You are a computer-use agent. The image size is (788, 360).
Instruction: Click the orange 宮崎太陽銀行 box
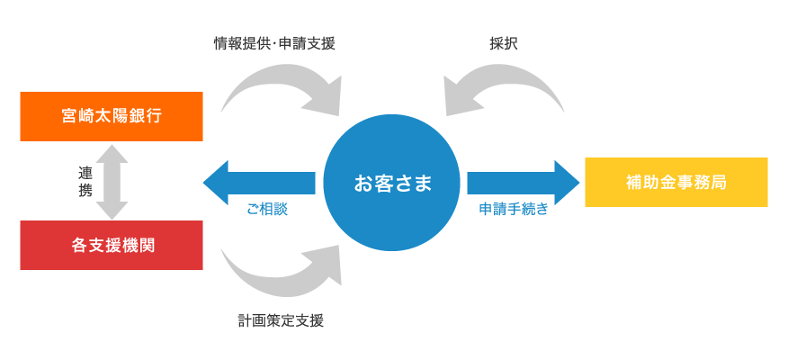[x=112, y=116]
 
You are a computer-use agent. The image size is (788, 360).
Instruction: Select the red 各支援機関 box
[x=112, y=245]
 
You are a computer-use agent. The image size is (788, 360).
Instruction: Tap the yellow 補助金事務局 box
[x=676, y=182]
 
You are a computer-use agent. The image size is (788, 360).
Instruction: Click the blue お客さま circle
[x=393, y=184]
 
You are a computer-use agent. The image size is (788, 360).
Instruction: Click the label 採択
[x=504, y=43]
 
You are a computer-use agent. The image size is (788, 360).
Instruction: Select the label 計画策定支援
[x=281, y=320]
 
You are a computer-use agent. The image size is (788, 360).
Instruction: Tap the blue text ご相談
[x=266, y=209]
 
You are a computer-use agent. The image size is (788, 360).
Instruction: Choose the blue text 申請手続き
[x=513, y=209]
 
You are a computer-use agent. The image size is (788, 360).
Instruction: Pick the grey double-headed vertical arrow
[x=112, y=181]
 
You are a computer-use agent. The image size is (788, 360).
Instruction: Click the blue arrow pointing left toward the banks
[x=256, y=183]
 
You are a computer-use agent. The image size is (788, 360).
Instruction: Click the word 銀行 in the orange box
[x=146, y=116]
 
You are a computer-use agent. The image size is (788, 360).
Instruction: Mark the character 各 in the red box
[x=77, y=245]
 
